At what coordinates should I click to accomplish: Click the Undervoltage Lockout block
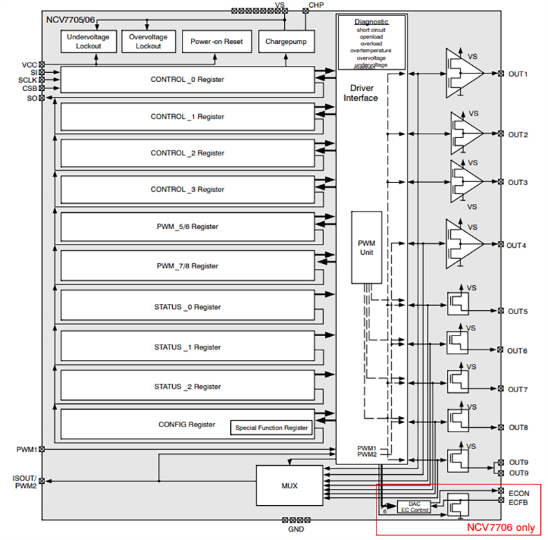click(x=89, y=42)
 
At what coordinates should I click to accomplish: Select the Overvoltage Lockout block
click(x=148, y=42)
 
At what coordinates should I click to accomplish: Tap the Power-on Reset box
click(x=217, y=42)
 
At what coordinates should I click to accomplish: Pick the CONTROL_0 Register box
click(x=187, y=79)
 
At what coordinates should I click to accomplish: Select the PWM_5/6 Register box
click(x=187, y=226)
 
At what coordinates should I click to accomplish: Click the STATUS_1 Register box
click(x=187, y=347)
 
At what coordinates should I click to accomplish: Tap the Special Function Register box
click(x=271, y=428)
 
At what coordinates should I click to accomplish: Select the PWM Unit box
click(x=366, y=247)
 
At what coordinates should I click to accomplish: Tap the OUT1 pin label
click(x=518, y=74)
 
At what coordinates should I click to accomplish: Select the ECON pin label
click(x=518, y=494)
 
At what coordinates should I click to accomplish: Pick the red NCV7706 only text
click(x=500, y=527)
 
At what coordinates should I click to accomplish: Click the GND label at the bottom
click(x=296, y=529)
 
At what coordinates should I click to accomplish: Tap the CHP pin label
click(x=316, y=5)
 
